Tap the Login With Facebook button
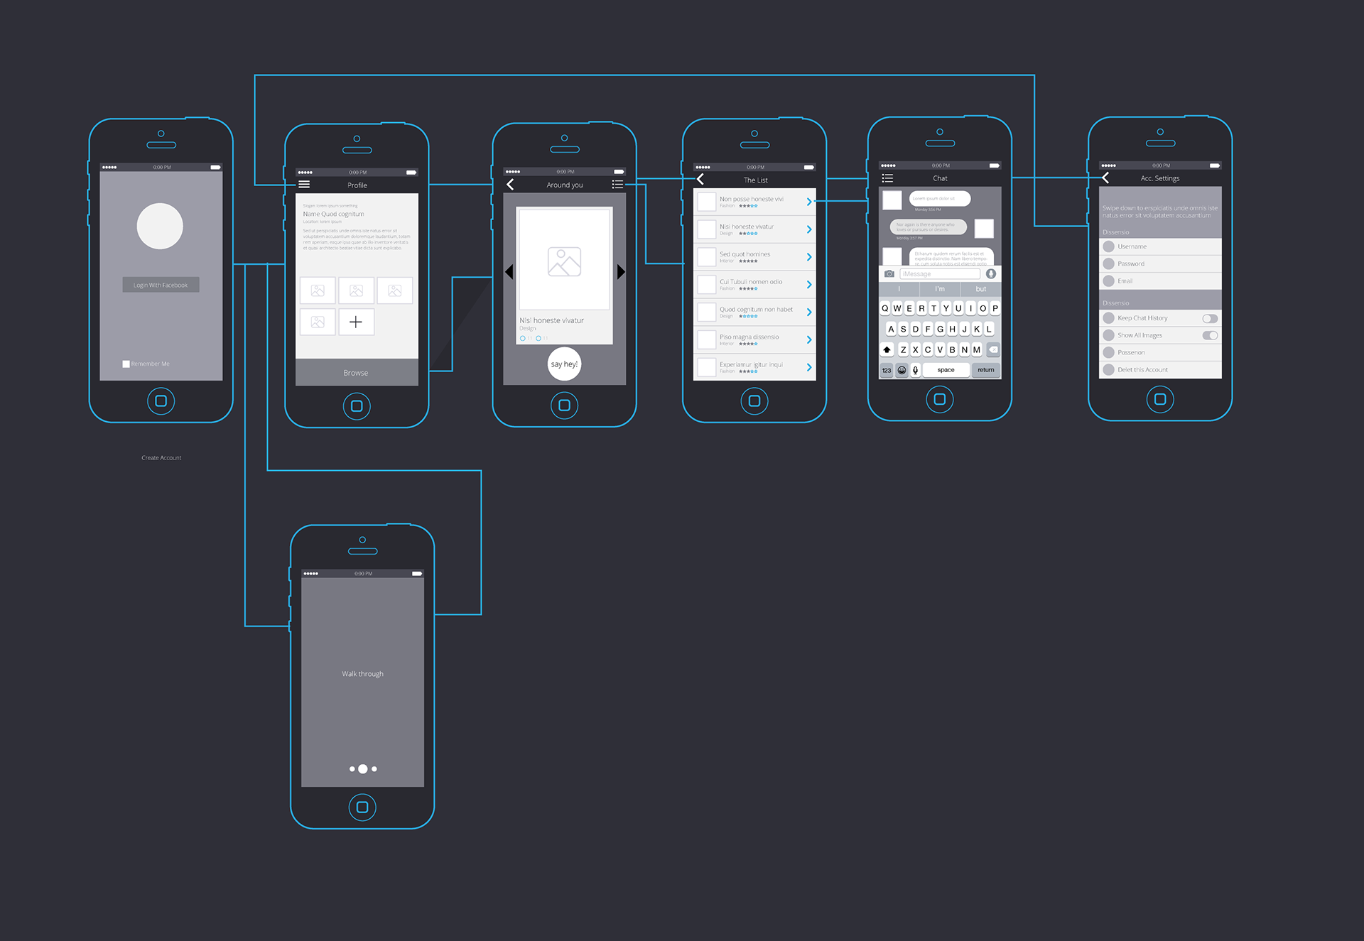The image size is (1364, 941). point(161,285)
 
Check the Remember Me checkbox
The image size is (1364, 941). point(126,364)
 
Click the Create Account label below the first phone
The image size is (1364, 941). point(161,458)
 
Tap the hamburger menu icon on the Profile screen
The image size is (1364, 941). point(304,185)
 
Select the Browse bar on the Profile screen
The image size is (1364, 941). point(356,373)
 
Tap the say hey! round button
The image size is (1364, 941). point(564,364)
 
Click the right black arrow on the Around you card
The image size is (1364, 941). point(621,272)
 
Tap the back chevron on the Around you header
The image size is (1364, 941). point(510,185)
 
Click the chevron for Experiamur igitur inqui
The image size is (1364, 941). point(808,367)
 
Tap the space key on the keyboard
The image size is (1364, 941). point(946,370)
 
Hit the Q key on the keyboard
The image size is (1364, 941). point(885,308)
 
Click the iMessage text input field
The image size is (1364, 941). point(939,274)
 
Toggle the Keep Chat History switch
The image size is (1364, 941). point(1209,318)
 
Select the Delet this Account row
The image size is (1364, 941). point(1159,370)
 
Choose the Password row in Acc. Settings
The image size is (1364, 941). point(1159,264)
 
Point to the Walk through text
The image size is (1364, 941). point(362,674)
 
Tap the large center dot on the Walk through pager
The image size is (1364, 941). point(363,769)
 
